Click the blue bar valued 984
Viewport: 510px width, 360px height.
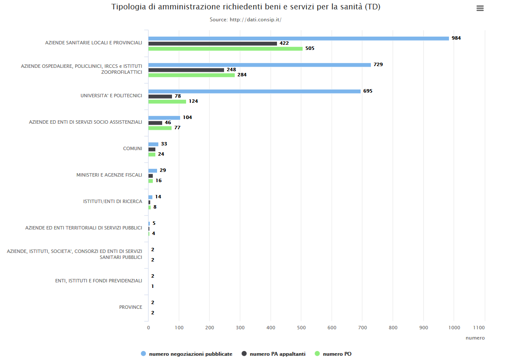(299, 38)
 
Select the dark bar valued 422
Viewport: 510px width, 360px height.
(213, 44)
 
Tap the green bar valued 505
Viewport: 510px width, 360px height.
(225, 49)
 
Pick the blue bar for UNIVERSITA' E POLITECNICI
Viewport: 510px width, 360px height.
(254, 91)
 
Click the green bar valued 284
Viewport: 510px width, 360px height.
(192, 75)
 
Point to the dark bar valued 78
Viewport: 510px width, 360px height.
(160, 96)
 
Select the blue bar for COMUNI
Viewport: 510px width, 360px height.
(153, 144)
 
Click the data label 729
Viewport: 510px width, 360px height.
(378, 64)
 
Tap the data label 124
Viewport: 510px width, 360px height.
(193, 101)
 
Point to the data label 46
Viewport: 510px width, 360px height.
(168, 122)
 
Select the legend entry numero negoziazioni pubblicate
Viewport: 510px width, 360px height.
(190, 354)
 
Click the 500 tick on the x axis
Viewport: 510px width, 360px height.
(301, 328)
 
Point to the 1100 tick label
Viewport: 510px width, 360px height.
(479, 328)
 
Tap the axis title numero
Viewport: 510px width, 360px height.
(475, 338)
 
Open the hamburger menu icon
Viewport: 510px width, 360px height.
(480, 8)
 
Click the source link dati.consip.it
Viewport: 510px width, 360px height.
(255, 20)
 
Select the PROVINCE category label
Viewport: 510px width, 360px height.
(131, 307)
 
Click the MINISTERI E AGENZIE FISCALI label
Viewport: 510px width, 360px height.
(109, 175)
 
